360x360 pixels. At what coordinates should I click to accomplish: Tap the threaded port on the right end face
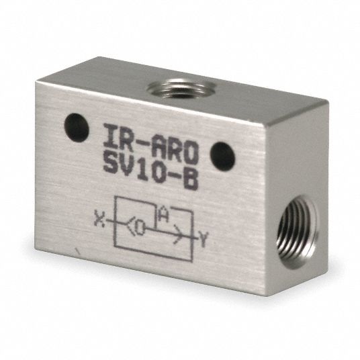point(298,232)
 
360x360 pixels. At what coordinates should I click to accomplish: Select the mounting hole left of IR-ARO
point(77,128)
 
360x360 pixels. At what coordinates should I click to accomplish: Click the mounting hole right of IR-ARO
point(222,156)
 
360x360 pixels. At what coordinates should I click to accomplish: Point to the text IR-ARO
point(150,144)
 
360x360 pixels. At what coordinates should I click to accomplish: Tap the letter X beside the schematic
point(99,220)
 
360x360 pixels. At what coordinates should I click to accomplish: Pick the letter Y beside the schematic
point(203,239)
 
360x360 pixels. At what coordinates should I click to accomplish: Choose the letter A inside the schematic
point(163,214)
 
